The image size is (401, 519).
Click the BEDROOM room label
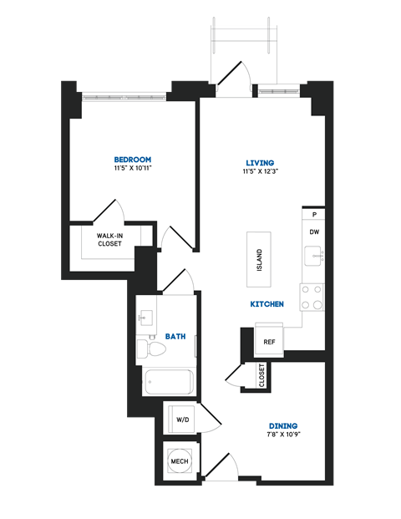pyautogui.click(x=132, y=159)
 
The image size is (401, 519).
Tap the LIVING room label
pyautogui.click(x=260, y=162)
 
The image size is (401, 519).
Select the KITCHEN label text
pyautogui.click(x=267, y=304)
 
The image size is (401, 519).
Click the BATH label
pyautogui.click(x=175, y=336)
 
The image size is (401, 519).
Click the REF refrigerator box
pyautogui.click(x=269, y=342)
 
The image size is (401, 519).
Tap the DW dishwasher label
pyautogui.click(x=313, y=232)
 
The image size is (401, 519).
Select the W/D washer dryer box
pyautogui.click(x=182, y=419)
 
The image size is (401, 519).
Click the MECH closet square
pyautogui.click(x=180, y=461)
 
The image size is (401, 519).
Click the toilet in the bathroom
pyautogui.click(x=150, y=349)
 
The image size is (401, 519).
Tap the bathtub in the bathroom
pyautogui.click(x=169, y=382)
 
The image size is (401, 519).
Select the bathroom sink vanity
pyautogui.click(x=147, y=318)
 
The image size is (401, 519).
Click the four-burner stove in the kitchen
pyautogui.click(x=312, y=297)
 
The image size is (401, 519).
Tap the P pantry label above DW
pyautogui.click(x=313, y=215)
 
